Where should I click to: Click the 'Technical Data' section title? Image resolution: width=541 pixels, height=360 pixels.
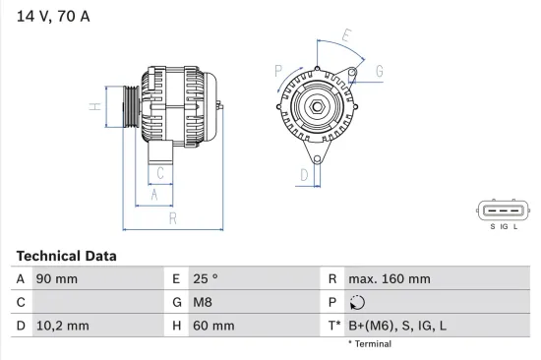pyautogui.click(x=66, y=256)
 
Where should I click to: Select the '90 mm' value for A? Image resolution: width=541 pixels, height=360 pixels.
pyautogui.click(x=57, y=279)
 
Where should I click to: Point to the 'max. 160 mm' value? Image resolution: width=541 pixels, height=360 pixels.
pyautogui.click(x=389, y=279)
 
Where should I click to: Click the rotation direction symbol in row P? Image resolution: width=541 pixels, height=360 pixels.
pyautogui.click(x=357, y=303)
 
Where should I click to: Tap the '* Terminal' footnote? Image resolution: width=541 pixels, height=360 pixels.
pyautogui.click(x=370, y=344)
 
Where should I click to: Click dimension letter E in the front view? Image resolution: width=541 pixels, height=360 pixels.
pyautogui.click(x=345, y=37)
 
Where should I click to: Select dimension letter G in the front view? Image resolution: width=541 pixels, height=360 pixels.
pyautogui.click(x=379, y=71)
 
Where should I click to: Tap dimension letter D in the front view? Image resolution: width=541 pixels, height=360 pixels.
pyautogui.click(x=304, y=176)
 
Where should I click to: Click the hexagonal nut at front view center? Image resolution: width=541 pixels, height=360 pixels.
pyautogui.click(x=318, y=106)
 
